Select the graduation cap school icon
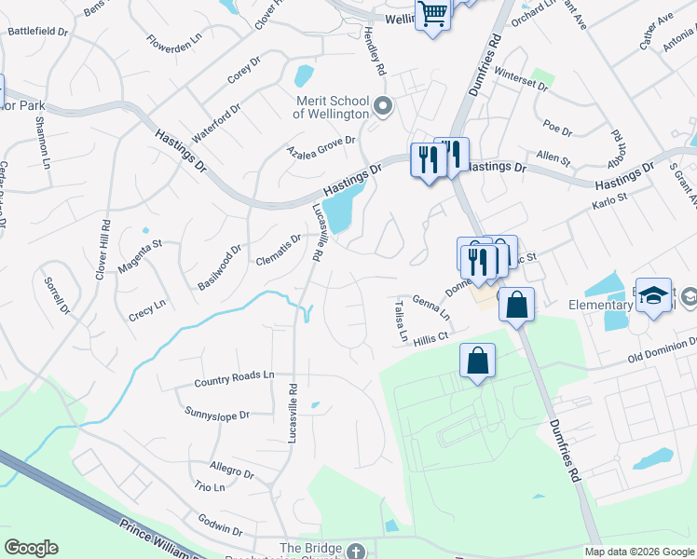click(653, 295)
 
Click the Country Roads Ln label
click(234, 378)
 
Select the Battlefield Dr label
click(38, 31)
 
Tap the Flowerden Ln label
click(174, 42)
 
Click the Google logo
click(31, 548)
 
